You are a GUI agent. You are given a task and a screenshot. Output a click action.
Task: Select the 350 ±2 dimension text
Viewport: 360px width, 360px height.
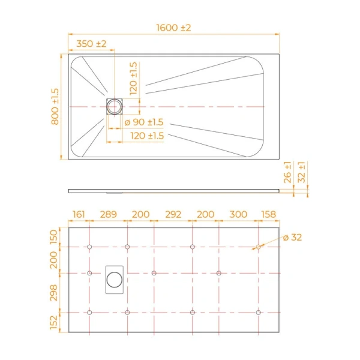pyautogui.click(x=91, y=44)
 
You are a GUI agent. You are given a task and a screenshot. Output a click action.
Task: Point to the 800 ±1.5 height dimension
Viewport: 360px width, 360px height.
pyautogui.click(x=55, y=107)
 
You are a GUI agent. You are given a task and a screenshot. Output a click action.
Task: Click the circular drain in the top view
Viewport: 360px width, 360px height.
pyautogui.click(x=114, y=106)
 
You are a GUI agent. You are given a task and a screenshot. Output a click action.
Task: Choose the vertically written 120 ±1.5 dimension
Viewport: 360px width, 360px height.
pyautogui.click(x=133, y=77)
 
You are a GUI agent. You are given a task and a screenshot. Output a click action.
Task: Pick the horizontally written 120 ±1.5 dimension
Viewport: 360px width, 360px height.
pyautogui.click(x=147, y=136)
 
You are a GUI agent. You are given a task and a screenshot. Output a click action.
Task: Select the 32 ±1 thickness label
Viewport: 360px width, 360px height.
pyautogui.click(x=302, y=173)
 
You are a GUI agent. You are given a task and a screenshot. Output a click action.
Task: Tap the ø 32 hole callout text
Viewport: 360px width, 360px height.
pyautogui.click(x=292, y=237)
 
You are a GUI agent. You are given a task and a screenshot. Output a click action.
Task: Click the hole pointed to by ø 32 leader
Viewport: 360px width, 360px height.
pyautogui.click(x=258, y=247)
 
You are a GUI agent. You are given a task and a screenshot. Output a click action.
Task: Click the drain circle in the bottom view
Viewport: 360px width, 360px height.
pyautogui.click(x=114, y=279)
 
